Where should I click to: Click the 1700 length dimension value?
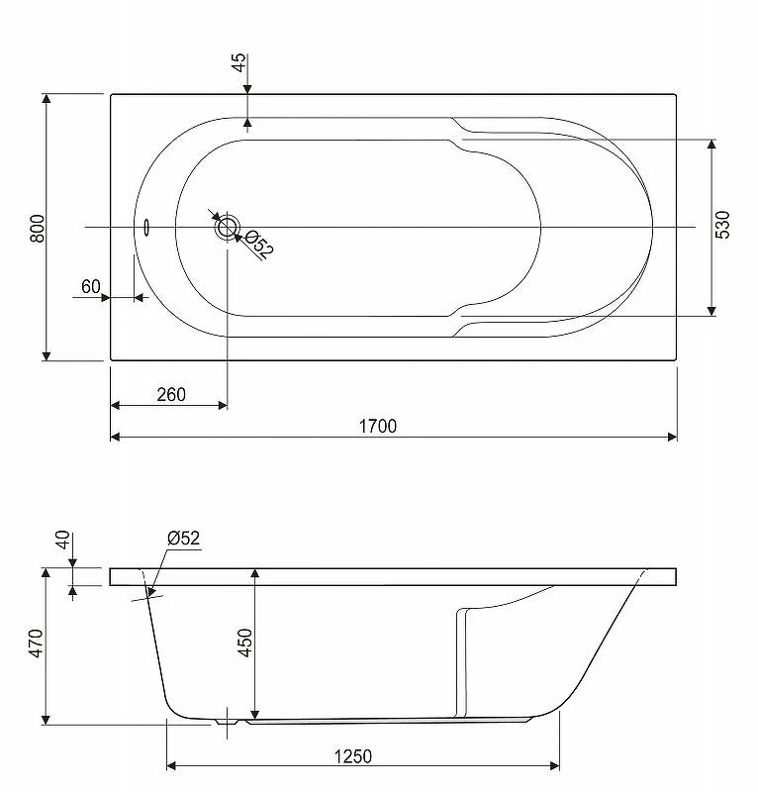tap(378, 427)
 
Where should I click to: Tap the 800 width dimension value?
tap(38, 229)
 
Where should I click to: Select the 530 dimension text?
tap(722, 225)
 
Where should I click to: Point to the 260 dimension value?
tap(171, 394)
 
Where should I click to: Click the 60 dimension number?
tap(91, 286)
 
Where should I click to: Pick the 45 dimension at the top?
tap(239, 62)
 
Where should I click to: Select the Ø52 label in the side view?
tap(184, 539)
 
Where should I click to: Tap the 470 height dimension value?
tap(36, 643)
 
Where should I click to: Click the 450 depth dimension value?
tap(245, 643)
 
